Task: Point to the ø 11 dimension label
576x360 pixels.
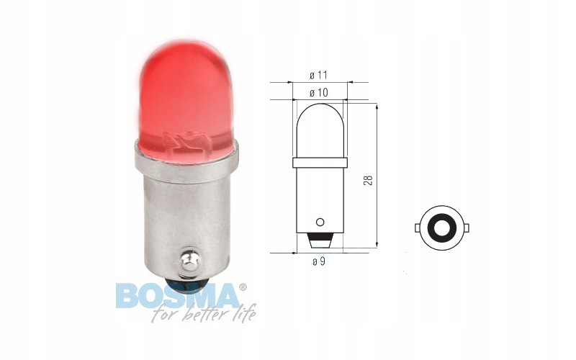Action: point(318,75)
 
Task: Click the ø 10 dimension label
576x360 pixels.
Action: point(318,92)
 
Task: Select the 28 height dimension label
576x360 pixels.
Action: point(368,179)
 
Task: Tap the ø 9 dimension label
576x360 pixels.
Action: point(318,261)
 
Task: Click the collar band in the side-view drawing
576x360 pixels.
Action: point(320,161)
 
